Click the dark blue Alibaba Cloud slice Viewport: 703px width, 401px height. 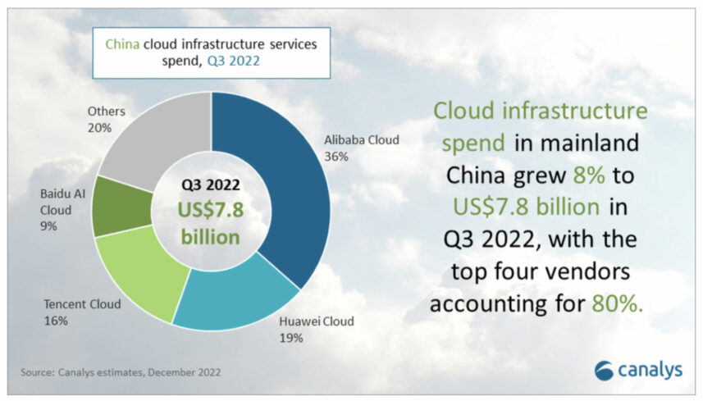[287, 188]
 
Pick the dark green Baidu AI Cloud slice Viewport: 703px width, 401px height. [121, 207]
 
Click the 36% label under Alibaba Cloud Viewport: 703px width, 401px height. [336, 157]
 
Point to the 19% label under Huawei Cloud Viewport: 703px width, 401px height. [291, 338]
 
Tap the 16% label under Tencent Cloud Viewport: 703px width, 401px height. [56, 321]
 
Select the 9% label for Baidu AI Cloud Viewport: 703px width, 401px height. [48, 226]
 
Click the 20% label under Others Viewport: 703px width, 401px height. [99, 128]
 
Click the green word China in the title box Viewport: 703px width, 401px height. [122, 44]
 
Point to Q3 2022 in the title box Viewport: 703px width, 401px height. [233, 61]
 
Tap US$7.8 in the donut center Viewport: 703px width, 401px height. [211, 210]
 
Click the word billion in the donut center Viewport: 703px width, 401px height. [210, 237]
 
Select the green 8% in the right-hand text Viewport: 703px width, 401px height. [589, 175]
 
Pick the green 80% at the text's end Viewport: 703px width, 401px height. [618, 303]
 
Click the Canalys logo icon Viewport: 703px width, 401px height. [604, 371]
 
